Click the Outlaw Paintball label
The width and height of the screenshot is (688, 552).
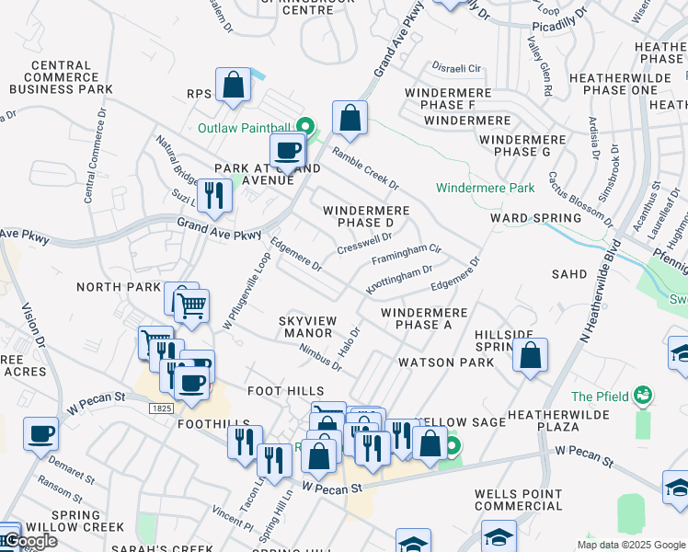pos(243,127)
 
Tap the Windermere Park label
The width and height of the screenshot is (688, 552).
pos(485,189)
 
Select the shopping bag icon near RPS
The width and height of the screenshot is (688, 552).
pos(235,86)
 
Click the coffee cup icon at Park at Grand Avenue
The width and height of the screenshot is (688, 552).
pos(287,150)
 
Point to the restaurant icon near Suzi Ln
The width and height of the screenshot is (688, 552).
pos(214,195)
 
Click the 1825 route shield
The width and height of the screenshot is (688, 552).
pos(161,407)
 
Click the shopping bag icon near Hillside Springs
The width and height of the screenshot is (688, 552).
pos(531,357)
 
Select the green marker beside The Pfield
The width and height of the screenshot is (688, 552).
pos(643,397)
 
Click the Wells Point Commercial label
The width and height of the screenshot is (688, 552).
pos(518,500)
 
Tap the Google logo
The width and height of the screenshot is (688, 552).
pos(30,541)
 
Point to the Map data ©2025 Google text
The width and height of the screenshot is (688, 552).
pos(631,545)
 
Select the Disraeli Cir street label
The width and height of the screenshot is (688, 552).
pos(457,68)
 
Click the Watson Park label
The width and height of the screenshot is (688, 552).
pos(439,362)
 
